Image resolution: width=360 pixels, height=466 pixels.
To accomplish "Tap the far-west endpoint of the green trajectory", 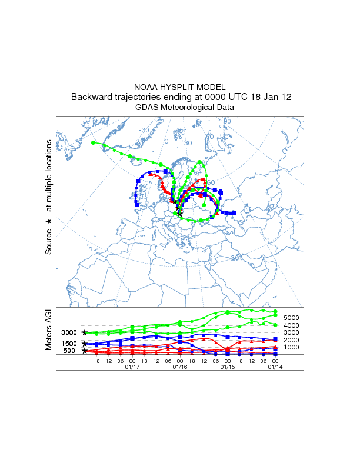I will coord(93,142).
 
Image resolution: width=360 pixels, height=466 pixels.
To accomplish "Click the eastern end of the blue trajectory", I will coord(234,213).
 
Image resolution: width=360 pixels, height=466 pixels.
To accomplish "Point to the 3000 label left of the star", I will coord(69,333).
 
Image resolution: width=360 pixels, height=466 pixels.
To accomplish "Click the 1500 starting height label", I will coord(69,344).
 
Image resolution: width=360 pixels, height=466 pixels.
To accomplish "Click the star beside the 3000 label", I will coord(85,333).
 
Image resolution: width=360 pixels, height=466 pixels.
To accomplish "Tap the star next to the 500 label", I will coord(85,351).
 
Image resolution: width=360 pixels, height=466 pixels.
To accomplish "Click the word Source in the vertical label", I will coord(49,241).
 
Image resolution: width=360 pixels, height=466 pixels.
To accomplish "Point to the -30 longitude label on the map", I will coord(145,130).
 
